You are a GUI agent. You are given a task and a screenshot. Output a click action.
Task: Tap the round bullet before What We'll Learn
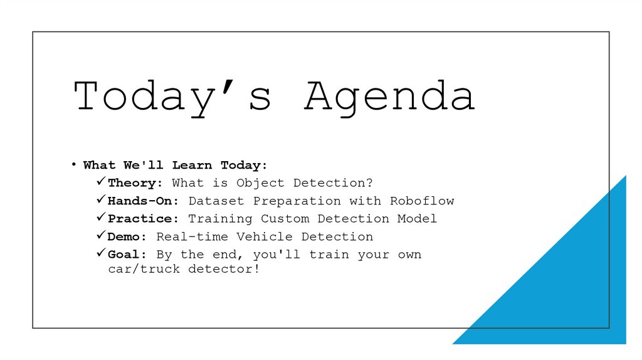coord(73,165)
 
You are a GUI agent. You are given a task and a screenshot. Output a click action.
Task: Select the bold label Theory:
coord(135,183)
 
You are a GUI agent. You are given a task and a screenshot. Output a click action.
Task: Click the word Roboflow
coord(422,201)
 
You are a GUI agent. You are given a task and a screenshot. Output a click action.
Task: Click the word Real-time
coord(192,236)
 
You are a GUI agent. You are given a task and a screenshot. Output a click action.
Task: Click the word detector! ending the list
coord(224,269)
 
